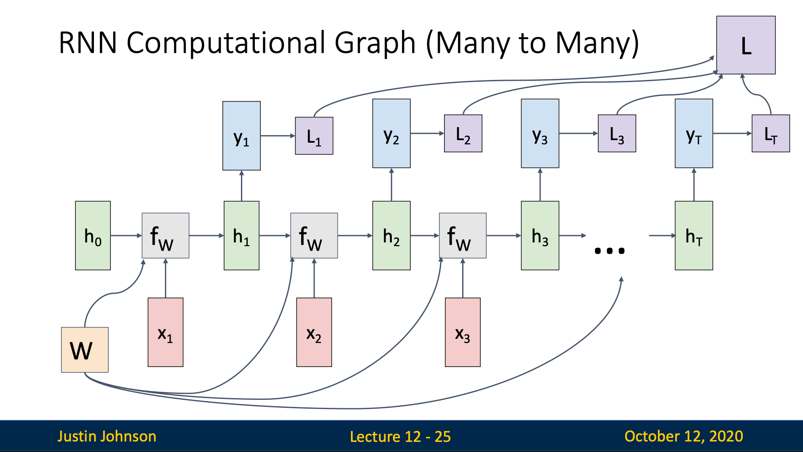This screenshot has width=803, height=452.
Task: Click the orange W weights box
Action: (x=85, y=350)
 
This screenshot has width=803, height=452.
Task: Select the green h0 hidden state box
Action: (x=93, y=235)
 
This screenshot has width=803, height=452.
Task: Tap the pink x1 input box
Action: (x=166, y=332)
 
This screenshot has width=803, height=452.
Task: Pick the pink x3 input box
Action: (x=463, y=332)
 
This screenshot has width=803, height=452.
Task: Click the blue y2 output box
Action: (x=391, y=133)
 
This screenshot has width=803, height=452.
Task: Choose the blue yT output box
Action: (x=694, y=133)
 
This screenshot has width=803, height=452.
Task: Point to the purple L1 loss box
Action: (x=314, y=136)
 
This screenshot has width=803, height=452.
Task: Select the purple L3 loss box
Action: (x=617, y=133)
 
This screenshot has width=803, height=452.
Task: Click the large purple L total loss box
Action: (x=746, y=45)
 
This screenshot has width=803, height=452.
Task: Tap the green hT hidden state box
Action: (x=694, y=235)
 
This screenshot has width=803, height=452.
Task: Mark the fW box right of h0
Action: (x=166, y=235)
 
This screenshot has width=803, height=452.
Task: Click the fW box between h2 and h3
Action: (x=463, y=235)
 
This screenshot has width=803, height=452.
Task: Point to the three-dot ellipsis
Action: (x=609, y=251)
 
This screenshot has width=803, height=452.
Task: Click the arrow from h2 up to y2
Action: (x=391, y=184)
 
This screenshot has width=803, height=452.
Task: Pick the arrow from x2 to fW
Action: (x=314, y=278)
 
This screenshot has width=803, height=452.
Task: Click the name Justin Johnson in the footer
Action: (x=107, y=436)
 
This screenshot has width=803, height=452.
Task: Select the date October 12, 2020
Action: (x=684, y=436)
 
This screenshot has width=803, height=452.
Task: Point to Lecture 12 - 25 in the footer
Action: (x=400, y=436)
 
